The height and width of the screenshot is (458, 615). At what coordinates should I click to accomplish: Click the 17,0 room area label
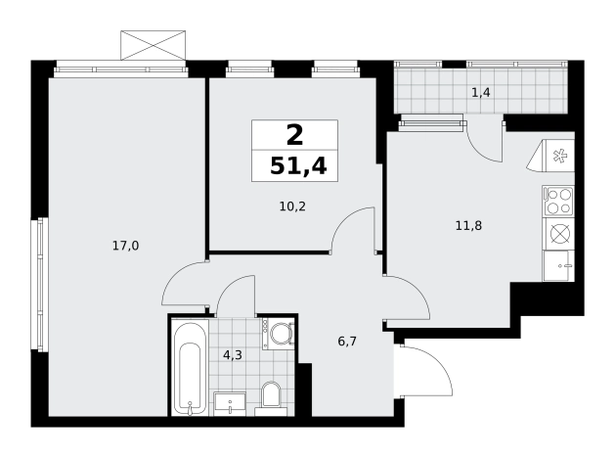coord(126,246)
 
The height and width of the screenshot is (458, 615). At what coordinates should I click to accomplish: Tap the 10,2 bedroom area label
coord(292,206)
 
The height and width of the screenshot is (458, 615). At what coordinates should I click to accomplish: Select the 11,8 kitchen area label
coord(468,226)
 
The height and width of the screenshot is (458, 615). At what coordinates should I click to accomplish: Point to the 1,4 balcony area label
coord(481,93)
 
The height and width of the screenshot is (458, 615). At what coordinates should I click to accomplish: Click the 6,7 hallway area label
coord(347,342)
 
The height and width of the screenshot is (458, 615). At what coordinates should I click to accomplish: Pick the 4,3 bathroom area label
coord(233,355)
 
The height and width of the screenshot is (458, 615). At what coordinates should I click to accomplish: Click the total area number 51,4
coord(298,166)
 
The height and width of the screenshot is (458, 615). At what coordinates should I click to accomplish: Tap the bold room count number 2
coord(295,135)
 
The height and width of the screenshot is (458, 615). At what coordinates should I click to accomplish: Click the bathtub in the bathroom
coord(191,368)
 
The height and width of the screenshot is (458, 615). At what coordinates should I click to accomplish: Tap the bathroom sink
coord(230,403)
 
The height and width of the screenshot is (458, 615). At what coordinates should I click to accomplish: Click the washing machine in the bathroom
coord(278,333)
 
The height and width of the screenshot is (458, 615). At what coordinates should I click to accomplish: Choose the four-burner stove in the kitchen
coord(558,202)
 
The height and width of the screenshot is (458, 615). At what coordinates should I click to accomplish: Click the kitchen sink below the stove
coord(558,265)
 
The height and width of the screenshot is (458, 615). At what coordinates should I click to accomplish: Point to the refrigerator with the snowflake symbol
coord(550,156)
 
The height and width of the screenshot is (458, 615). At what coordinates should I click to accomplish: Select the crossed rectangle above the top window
coord(153,46)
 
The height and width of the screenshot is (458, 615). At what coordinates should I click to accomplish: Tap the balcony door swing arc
coord(484,142)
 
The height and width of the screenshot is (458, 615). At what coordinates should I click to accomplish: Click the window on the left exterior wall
coord(40,284)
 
